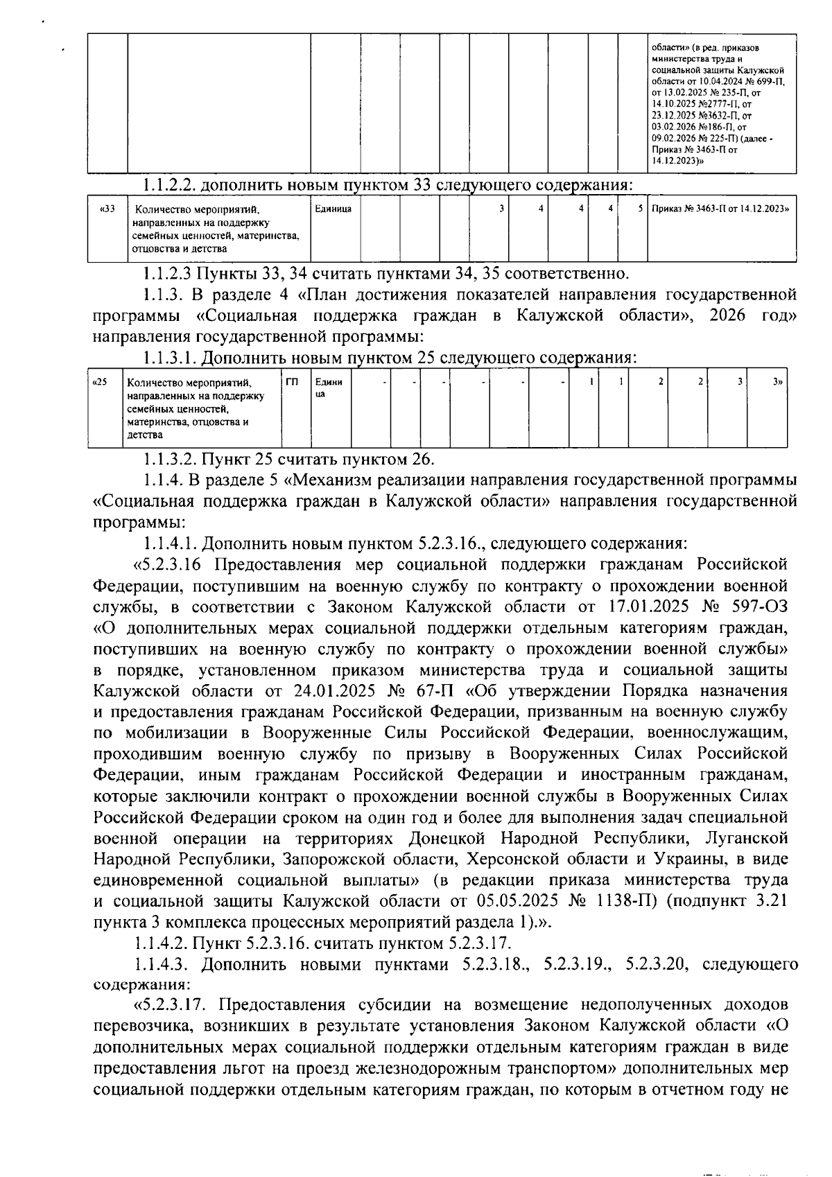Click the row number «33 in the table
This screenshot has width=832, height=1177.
pyautogui.click(x=107, y=208)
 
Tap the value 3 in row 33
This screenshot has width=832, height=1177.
pyautogui.click(x=501, y=208)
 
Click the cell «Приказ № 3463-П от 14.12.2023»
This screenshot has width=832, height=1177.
pyautogui.click(x=720, y=208)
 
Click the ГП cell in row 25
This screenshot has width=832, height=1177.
pyautogui.click(x=292, y=381)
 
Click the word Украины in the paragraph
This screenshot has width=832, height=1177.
pyautogui.click(x=688, y=859)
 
